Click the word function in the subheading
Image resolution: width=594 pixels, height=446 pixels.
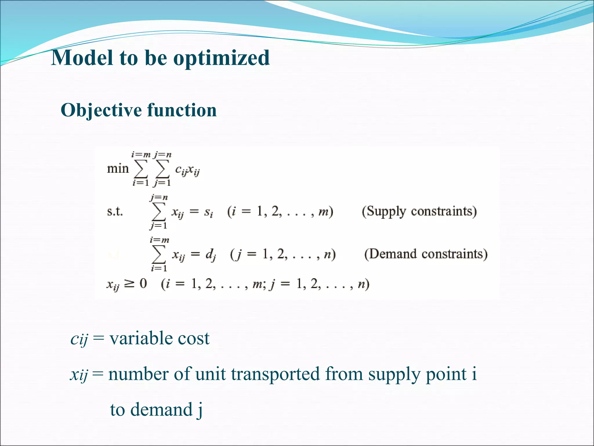182,110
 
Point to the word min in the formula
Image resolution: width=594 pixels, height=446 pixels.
117,168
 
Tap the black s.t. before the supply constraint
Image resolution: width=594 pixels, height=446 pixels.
115,211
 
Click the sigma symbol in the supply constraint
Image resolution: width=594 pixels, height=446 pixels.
158,212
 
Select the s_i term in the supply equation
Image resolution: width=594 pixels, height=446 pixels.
208,212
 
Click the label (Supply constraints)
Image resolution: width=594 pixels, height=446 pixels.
419,211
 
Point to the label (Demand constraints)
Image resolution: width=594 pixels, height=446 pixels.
426,254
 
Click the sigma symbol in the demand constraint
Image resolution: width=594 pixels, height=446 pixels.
158,254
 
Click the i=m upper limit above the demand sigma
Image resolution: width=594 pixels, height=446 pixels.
159,240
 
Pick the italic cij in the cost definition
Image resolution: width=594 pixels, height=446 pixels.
79,339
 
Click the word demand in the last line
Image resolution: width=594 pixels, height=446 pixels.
161,410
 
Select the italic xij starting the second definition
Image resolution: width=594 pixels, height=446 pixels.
79,375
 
